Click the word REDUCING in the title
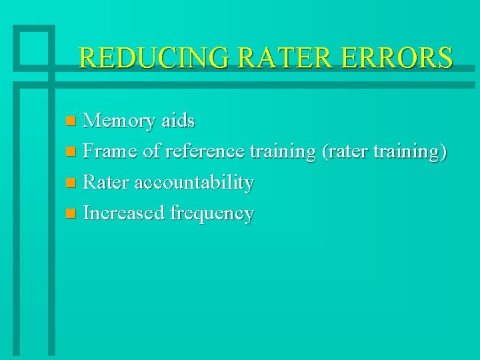click(153, 58)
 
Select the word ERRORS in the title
click(399, 58)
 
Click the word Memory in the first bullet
click(120, 121)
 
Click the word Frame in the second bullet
click(111, 151)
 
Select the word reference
click(205, 151)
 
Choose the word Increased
click(125, 213)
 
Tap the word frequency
click(212, 213)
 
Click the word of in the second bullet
click(151, 151)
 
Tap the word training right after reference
click(282, 151)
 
